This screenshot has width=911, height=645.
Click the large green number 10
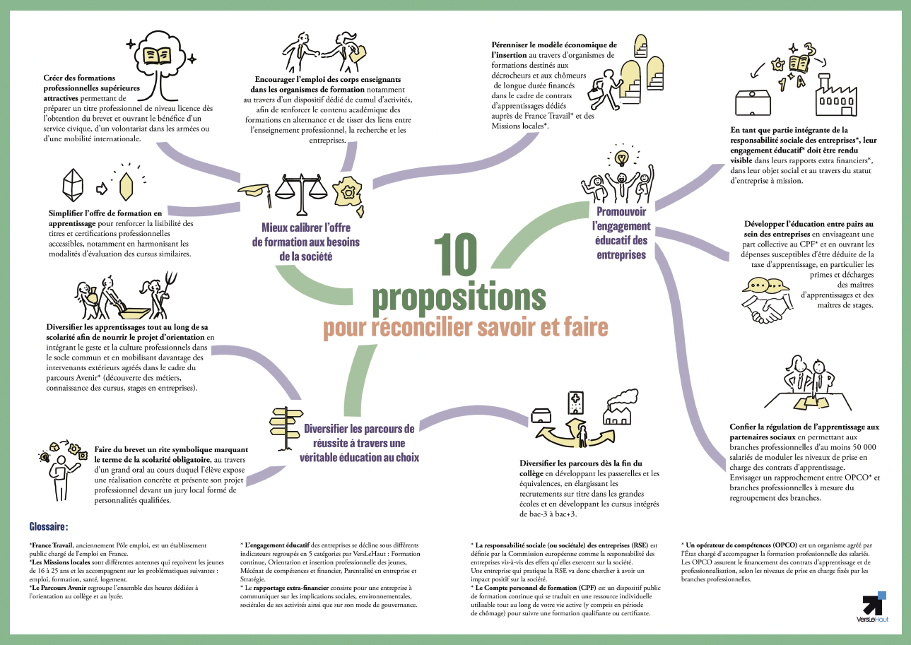click(455, 254)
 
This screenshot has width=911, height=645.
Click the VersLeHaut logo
click(874, 608)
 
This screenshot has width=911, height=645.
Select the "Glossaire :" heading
click(48, 527)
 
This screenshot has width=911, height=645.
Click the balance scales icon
click(301, 194)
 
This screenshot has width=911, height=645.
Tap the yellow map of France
click(348, 194)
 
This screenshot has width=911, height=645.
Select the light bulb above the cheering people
click(621, 158)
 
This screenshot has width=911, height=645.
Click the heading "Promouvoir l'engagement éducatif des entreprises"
click(621, 233)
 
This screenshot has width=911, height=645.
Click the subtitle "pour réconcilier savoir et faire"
click(465, 328)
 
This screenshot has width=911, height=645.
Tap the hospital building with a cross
click(576, 403)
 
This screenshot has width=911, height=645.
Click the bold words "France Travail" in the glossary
click(52, 545)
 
